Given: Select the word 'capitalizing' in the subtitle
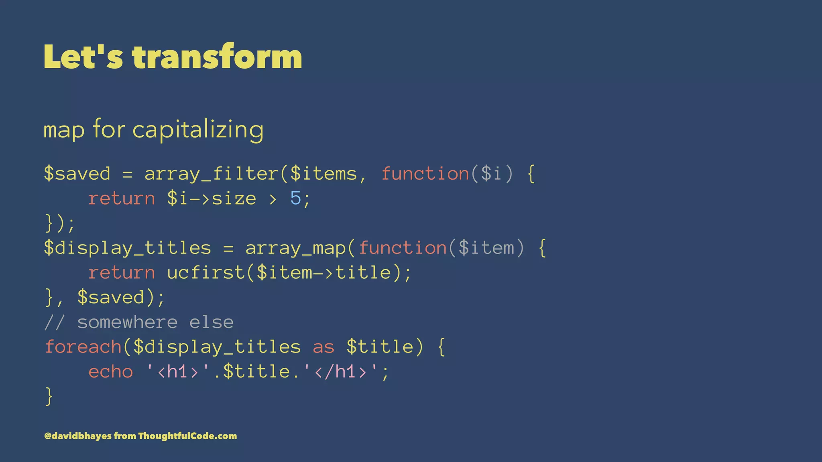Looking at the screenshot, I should pos(198,130).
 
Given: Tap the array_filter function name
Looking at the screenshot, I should pos(211,174).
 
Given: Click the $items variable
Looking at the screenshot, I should pos(324,174).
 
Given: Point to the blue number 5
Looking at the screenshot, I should pos(295,199).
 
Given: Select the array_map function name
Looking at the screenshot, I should pos(295,248).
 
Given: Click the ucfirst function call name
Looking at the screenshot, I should pos(205,273).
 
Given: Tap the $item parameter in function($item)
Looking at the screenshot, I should pos(486,248).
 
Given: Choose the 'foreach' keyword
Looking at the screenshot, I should pos(83,347).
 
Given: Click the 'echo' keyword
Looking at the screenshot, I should pos(110,372).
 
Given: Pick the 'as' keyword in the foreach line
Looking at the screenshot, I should pos(323,347).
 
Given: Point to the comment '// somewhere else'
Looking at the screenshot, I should pos(139,322).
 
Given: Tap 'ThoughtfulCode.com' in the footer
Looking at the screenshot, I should pos(187,436).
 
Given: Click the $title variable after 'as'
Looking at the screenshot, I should pos(380,347).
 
